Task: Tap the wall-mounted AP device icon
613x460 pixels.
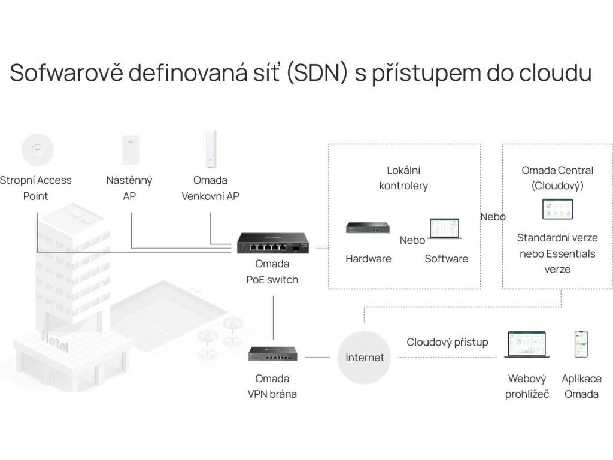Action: [129, 149]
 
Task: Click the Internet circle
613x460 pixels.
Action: [365, 358]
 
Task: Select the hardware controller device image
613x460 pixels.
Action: [368, 228]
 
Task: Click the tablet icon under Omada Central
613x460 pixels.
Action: [557, 210]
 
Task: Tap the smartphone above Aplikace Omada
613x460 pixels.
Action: [581, 344]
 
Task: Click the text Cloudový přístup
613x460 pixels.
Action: [447, 343]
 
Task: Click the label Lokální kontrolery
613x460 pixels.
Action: [403, 178]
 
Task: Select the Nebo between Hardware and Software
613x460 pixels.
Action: [412, 240]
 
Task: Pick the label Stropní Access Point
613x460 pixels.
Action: [35, 188]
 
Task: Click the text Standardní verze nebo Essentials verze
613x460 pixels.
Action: [557, 253]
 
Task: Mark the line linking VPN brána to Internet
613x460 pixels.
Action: [317, 358]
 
